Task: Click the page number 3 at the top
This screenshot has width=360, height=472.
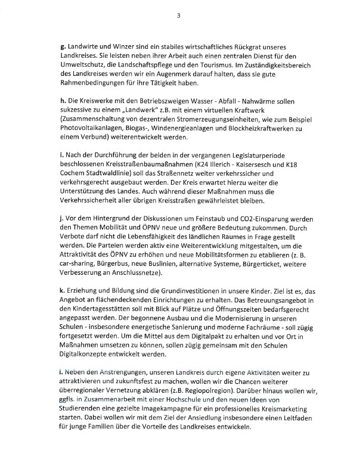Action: coord(179,16)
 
